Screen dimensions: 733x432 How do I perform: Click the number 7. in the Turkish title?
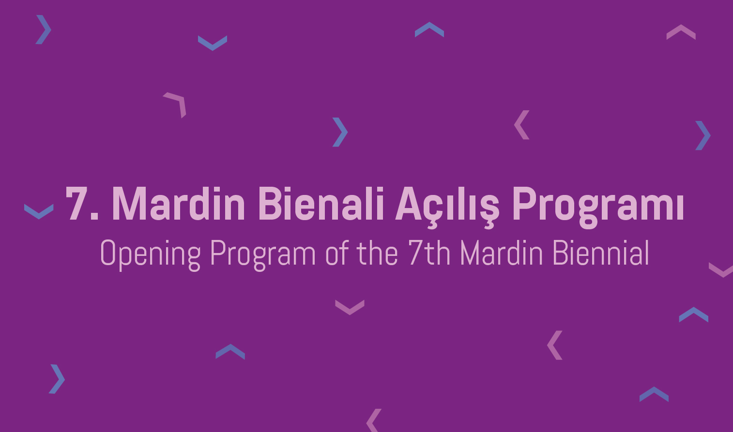82,203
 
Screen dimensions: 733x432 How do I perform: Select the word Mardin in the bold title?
178,203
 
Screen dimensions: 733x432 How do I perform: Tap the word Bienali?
321,203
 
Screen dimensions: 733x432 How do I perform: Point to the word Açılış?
447,207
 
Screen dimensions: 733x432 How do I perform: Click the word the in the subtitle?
377,253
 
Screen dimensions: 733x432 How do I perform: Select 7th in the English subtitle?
429,253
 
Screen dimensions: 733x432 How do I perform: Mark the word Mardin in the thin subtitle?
501,253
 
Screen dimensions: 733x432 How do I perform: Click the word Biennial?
601,253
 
